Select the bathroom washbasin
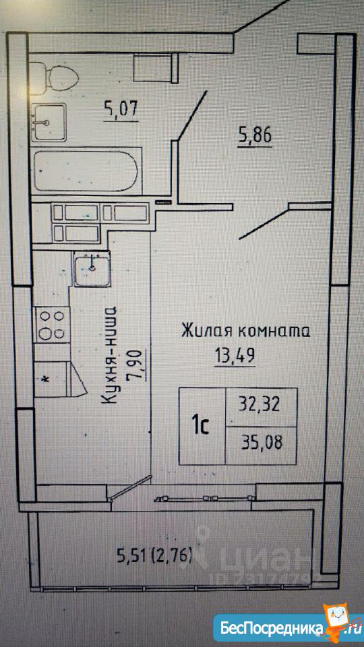(x=49, y=122)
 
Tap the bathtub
(x=87, y=171)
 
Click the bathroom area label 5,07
(x=121, y=110)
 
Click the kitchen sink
(x=92, y=269)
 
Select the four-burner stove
(x=52, y=325)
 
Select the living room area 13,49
(x=235, y=355)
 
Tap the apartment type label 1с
(x=202, y=426)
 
